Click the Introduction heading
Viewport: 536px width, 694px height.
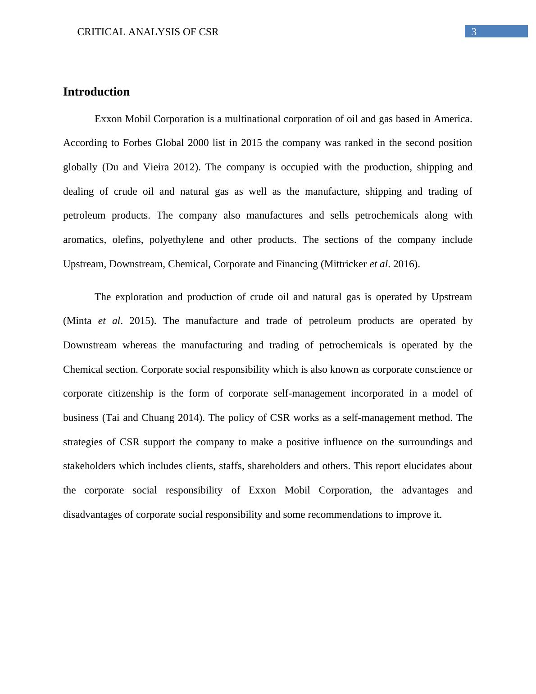point(96,92)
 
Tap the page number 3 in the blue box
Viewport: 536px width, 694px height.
point(474,32)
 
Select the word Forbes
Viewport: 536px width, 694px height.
point(137,143)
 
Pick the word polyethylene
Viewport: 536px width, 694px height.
point(176,240)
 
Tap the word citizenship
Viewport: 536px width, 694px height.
point(131,393)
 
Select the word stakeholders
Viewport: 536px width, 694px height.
point(89,466)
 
